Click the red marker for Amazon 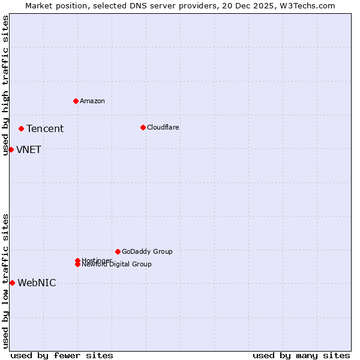point(76,101)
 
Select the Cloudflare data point point(143,127)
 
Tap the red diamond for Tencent point(21,128)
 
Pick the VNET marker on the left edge point(11,149)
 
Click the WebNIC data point point(12,283)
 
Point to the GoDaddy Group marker point(118,251)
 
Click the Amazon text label point(92,101)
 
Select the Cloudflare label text point(163,127)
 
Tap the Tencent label point(45,128)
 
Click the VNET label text point(29,149)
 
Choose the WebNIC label point(37,283)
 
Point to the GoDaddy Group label point(147,251)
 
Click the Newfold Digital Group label point(117,265)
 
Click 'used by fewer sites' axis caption point(62,355)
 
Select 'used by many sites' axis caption point(301,355)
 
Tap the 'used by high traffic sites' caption point(6,85)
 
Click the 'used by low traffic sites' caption point(6,281)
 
